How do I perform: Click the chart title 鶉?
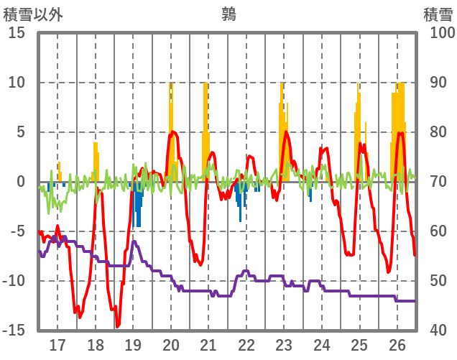click(x=228, y=14)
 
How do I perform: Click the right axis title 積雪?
click(x=437, y=14)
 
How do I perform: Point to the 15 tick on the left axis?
click(x=18, y=33)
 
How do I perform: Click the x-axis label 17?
click(x=57, y=344)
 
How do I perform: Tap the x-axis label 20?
click(x=171, y=344)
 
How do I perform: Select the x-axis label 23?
click(x=284, y=344)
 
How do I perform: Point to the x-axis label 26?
click(x=397, y=344)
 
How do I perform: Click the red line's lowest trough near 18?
click(x=118, y=326)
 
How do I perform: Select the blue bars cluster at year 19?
click(x=137, y=205)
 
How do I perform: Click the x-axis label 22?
click(x=246, y=344)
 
